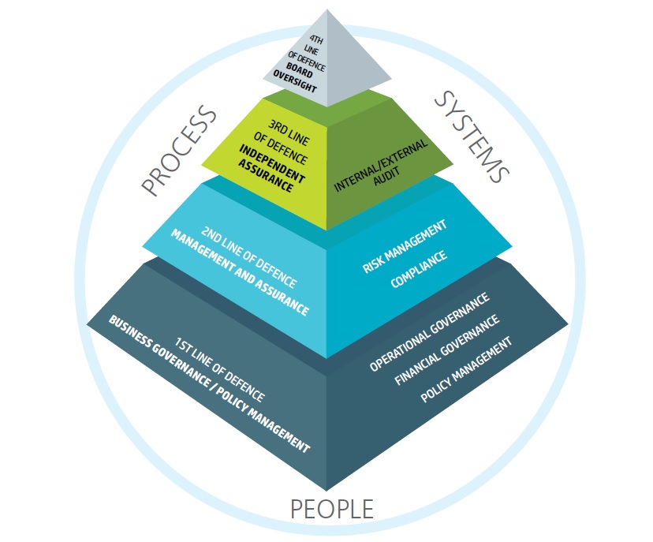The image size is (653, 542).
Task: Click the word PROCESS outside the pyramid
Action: click(x=180, y=150)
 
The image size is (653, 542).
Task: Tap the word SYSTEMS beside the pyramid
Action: click(x=472, y=136)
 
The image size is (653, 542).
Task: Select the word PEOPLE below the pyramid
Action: click(x=331, y=509)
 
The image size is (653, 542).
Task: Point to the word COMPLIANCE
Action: click(x=417, y=267)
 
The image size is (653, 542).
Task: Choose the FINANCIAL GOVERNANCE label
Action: click(x=446, y=351)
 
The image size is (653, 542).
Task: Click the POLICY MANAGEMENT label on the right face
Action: click(x=466, y=368)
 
